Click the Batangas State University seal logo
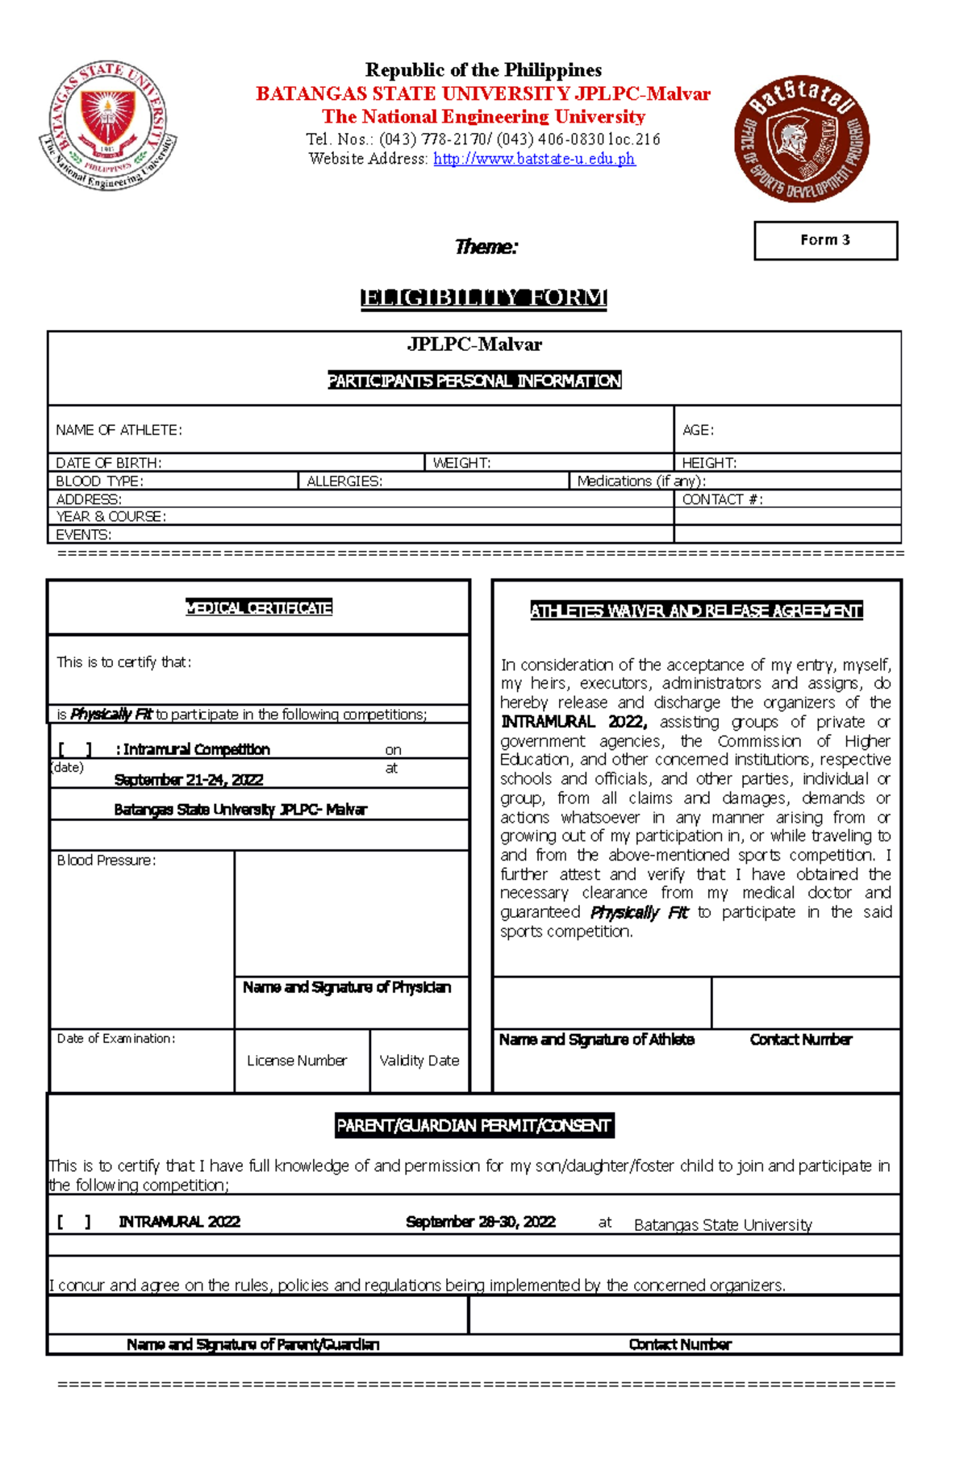point(108,125)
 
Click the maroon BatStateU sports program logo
point(801,139)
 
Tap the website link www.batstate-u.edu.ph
point(534,159)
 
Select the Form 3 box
point(825,240)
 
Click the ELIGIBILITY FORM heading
point(483,298)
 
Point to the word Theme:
point(486,247)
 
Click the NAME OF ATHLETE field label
point(119,430)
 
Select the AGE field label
point(698,430)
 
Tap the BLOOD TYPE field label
point(99,481)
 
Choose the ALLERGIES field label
point(344,481)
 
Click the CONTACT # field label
point(722,499)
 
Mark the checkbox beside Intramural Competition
point(74,749)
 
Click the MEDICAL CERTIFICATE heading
point(259,607)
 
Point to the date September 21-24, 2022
point(189,780)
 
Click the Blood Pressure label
point(106,860)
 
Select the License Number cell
point(297,1061)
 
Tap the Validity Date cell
point(419,1061)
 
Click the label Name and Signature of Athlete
point(596,1040)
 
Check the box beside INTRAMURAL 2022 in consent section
point(73,1222)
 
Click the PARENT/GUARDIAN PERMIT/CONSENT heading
point(474,1125)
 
